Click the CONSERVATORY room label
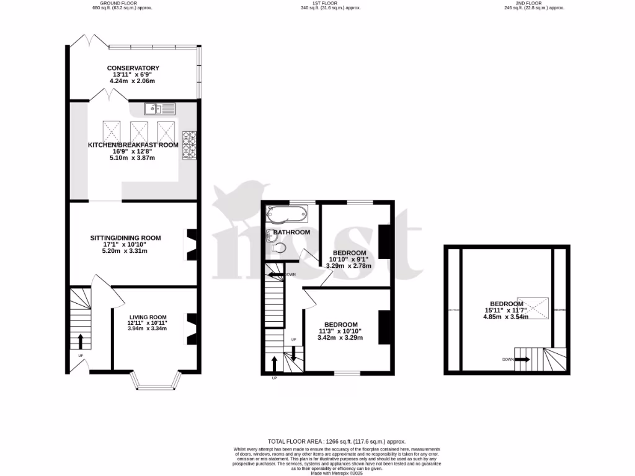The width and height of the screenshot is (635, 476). (133, 68)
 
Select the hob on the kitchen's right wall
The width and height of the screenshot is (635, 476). (189, 146)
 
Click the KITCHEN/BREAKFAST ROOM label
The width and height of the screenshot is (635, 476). (133, 145)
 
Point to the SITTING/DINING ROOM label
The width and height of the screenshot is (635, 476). (126, 237)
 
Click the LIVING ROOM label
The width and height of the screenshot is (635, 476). (148, 317)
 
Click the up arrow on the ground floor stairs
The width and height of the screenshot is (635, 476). (80, 342)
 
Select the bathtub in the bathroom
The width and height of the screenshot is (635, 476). (286, 214)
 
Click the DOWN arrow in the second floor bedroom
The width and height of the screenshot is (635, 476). (522, 359)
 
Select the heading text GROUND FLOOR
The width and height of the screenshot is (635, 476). (122, 3)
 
